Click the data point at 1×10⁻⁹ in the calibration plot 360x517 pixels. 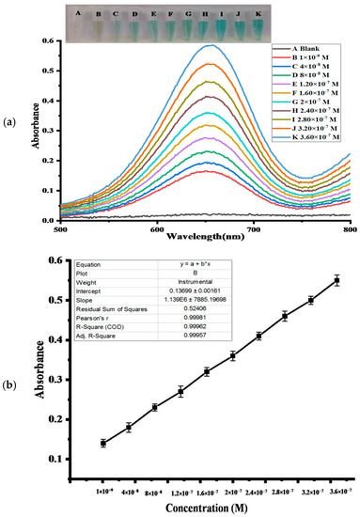click(x=103, y=443)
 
